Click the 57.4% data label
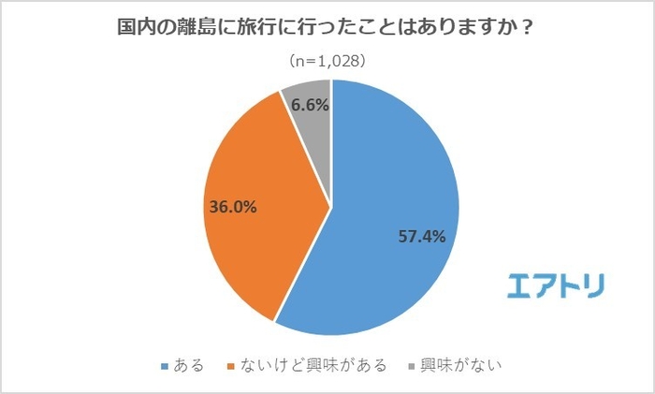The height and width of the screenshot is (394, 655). pos(419,237)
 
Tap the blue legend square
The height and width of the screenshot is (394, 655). pos(166,364)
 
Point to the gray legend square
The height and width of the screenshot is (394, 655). pos(412,364)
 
